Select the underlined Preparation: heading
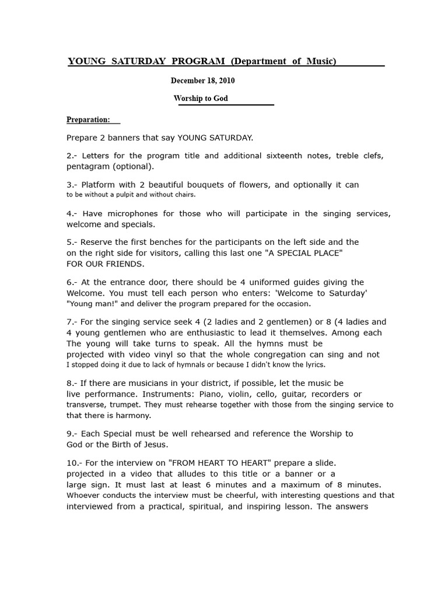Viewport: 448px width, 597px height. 88,120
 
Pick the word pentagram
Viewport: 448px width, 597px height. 88,166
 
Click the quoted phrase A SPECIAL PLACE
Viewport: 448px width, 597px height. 295,252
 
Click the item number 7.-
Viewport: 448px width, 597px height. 72,322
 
